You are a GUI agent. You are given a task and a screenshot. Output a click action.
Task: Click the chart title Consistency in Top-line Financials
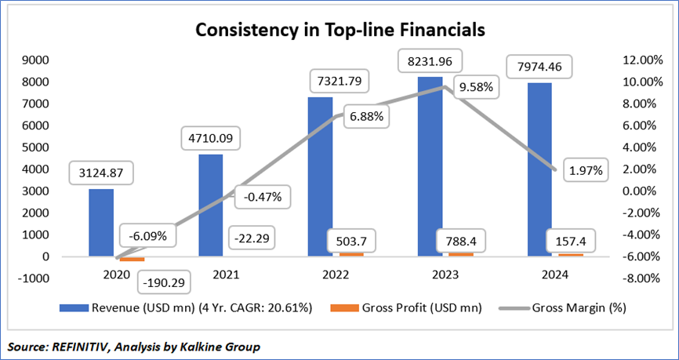[x=339, y=31]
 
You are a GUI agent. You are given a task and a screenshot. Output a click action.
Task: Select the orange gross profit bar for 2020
[x=132, y=259]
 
